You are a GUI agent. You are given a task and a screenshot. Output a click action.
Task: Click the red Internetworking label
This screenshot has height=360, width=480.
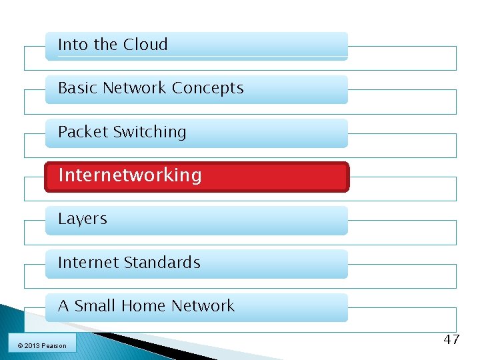coord(130,175)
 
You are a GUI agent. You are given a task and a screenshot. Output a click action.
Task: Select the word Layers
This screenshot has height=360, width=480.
coord(83,219)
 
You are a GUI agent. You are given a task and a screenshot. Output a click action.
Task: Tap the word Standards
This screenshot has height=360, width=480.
coord(167,263)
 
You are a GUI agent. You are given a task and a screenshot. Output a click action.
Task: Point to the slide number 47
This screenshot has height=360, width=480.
coord(451,340)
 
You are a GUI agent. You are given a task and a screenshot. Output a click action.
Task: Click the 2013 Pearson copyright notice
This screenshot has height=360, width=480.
coord(42,345)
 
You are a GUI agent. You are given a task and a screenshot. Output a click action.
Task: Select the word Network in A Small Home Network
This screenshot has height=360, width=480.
coord(203,306)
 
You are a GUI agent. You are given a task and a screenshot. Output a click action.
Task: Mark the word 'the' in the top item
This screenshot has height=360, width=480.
coord(105,45)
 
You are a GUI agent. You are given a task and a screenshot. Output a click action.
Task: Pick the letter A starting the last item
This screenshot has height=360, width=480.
coord(63,306)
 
